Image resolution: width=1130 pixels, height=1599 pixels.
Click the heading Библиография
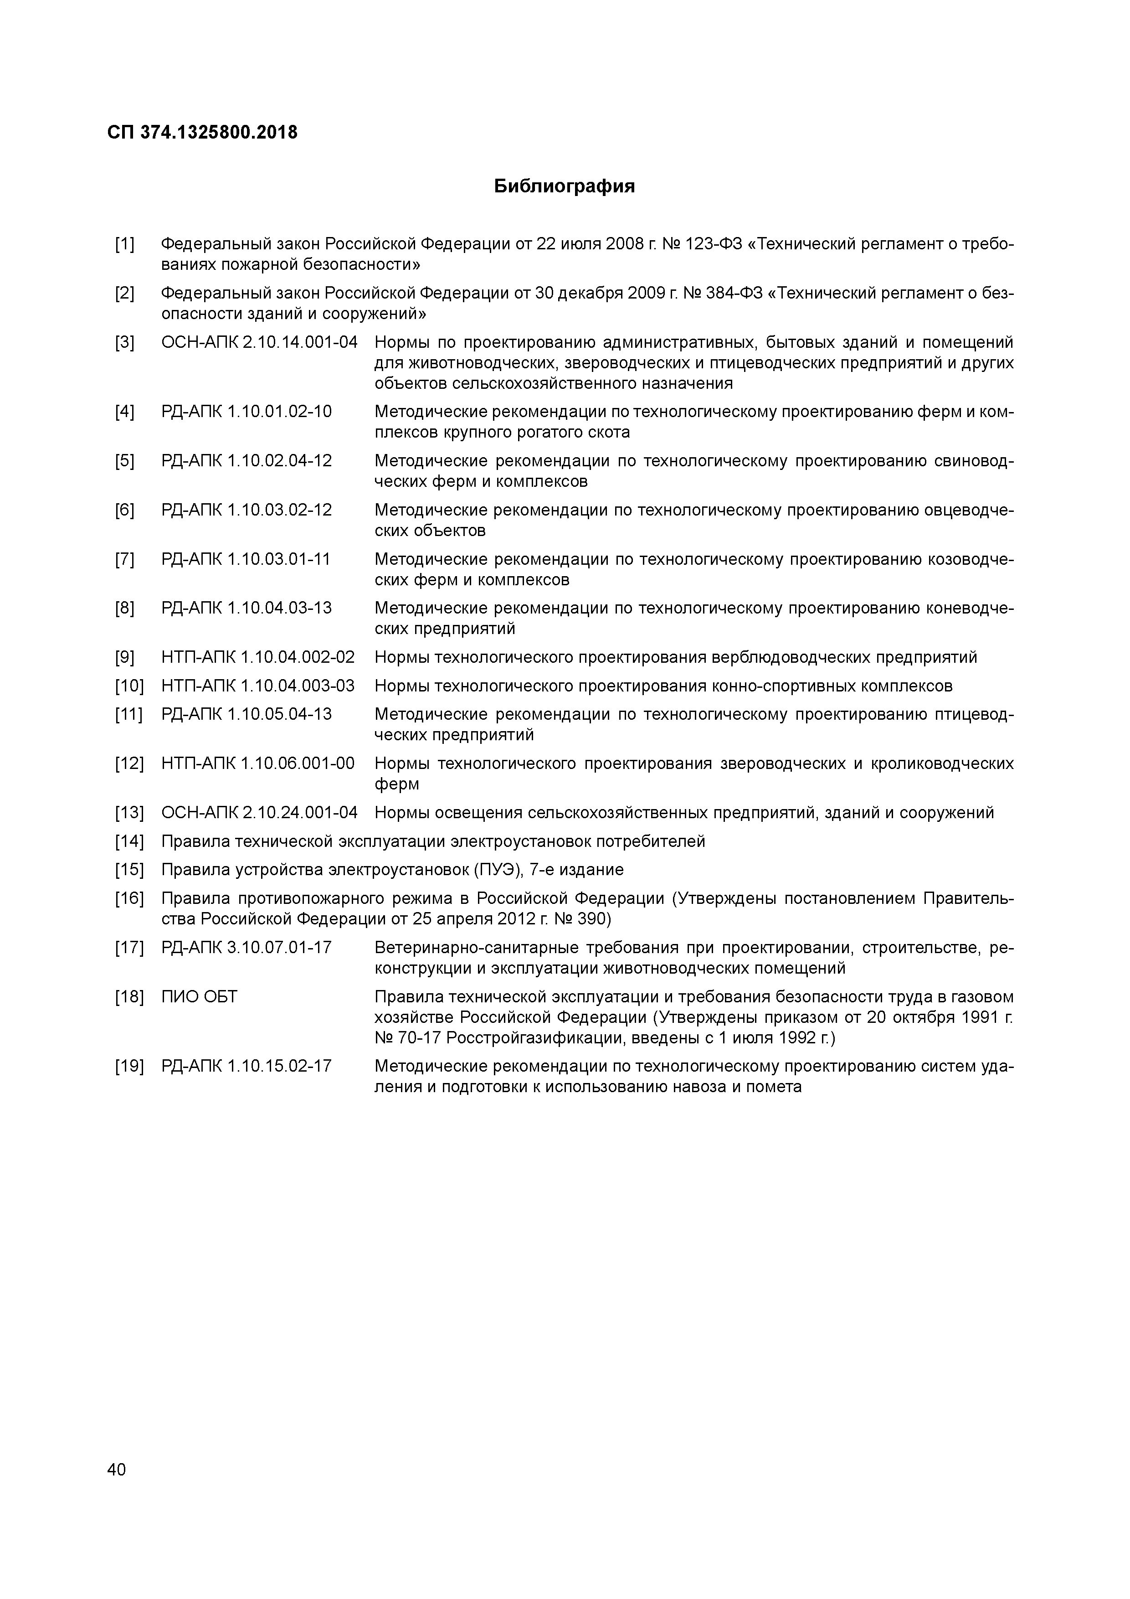pyautogui.click(x=564, y=186)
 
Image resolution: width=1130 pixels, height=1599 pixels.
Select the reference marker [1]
pyautogui.click(x=125, y=244)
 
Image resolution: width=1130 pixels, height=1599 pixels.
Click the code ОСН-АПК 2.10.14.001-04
pyautogui.click(x=259, y=343)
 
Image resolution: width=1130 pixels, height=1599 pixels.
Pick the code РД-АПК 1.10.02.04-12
pyautogui.click(x=247, y=461)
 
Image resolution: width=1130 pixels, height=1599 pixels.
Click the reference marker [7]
pyautogui.click(x=125, y=559)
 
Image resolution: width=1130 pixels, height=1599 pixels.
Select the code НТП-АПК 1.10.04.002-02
pyautogui.click(x=257, y=657)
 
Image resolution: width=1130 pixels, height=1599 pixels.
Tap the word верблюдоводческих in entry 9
pyautogui.click(x=794, y=657)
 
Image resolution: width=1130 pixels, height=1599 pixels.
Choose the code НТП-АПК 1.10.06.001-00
pyautogui.click(x=257, y=764)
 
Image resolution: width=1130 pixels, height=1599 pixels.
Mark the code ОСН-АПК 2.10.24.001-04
pyautogui.click(x=259, y=813)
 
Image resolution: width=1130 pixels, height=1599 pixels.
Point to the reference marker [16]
pyautogui.click(x=129, y=899)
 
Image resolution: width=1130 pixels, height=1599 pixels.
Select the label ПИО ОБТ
pyautogui.click(x=199, y=997)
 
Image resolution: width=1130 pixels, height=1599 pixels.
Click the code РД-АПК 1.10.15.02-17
pyautogui.click(x=247, y=1066)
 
